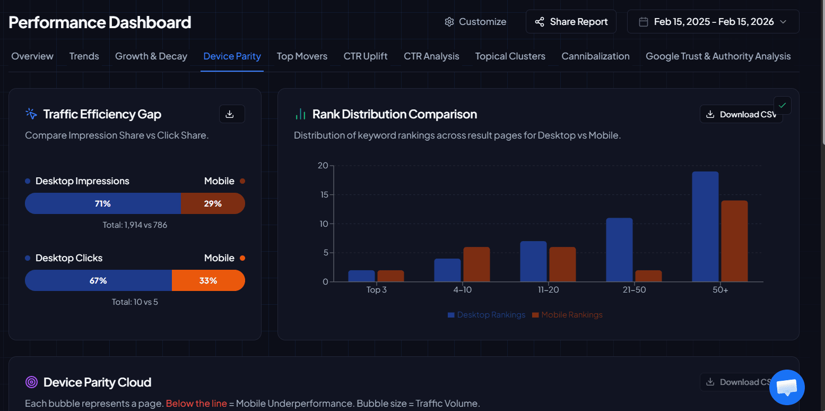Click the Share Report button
(x=571, y=22)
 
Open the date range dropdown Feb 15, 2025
(x=713, y=22)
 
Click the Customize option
(x=475, y=22)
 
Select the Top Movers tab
(x=302, y=56)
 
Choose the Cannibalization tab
(x=595, y=56)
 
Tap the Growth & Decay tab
(x=151, y=56)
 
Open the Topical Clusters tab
(x=510, y=56)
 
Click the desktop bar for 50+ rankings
(x=705, y=227)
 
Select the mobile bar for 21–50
(x=648, y=276)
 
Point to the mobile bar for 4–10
(x=476, y=264)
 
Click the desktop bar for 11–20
(x=533, y=261)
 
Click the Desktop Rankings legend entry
(x=487, y=315)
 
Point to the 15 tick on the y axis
(x=323, y=194)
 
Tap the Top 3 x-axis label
(x=376, y=290)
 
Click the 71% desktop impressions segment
(x=103, y=203)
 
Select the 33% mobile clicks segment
(x=208, y=280)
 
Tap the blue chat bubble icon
(x=787, y=387)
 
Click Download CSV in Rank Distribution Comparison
(x=741, y=114)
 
